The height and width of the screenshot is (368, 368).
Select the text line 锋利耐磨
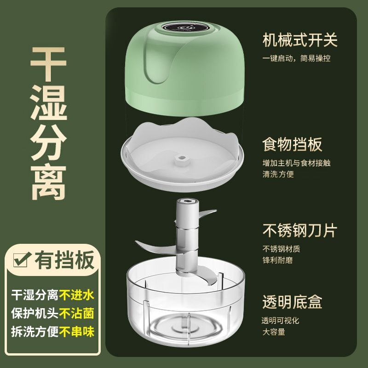(277, 260)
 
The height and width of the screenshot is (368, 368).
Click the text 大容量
(273, 332)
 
